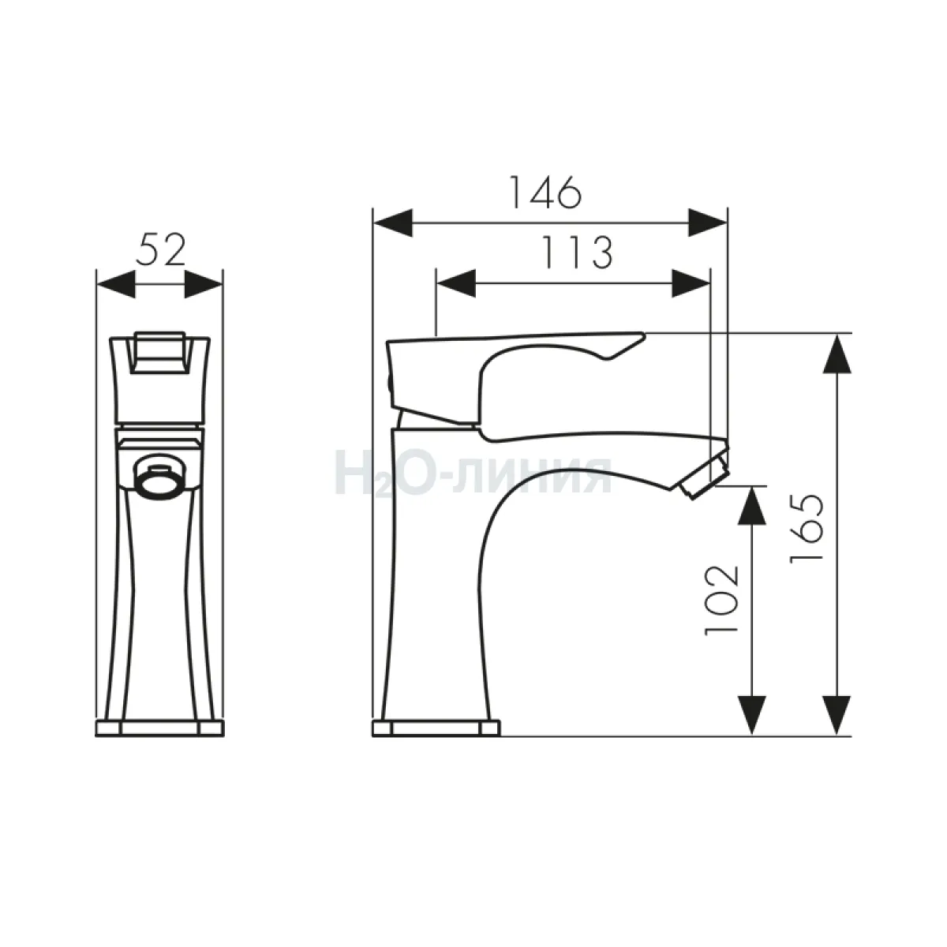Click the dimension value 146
point(545,192)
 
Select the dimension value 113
point(576,253)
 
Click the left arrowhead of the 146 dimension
point(393,223)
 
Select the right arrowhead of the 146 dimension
point(708,223)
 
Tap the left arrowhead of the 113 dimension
point(456,283)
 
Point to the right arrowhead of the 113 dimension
point(691,283)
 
